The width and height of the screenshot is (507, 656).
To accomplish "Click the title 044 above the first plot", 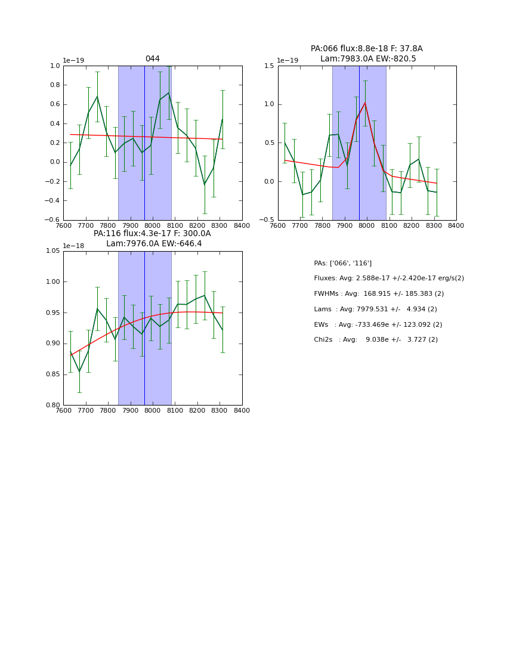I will (152, 59).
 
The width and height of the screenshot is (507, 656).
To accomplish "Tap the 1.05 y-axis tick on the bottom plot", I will (52, 251).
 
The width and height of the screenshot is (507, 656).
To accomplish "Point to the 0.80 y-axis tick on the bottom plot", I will (52, 406).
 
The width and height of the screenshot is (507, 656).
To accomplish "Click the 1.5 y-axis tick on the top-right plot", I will (268, 66).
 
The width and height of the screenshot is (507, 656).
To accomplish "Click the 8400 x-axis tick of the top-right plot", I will (456, 225).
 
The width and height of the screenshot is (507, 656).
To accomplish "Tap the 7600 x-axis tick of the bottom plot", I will (63, 410).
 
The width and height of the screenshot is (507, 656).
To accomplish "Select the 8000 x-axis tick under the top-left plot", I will (153, 225).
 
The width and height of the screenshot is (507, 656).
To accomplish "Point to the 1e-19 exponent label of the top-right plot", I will (287, 61).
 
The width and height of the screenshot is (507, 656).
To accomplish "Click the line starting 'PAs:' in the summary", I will (342, 263).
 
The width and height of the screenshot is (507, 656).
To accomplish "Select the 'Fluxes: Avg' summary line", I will (389, 279).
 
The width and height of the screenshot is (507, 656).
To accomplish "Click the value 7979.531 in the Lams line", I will (373, 310).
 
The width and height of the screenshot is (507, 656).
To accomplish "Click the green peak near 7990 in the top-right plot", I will (365, 103).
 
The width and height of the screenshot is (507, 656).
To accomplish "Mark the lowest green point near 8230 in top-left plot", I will (205, 184).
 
